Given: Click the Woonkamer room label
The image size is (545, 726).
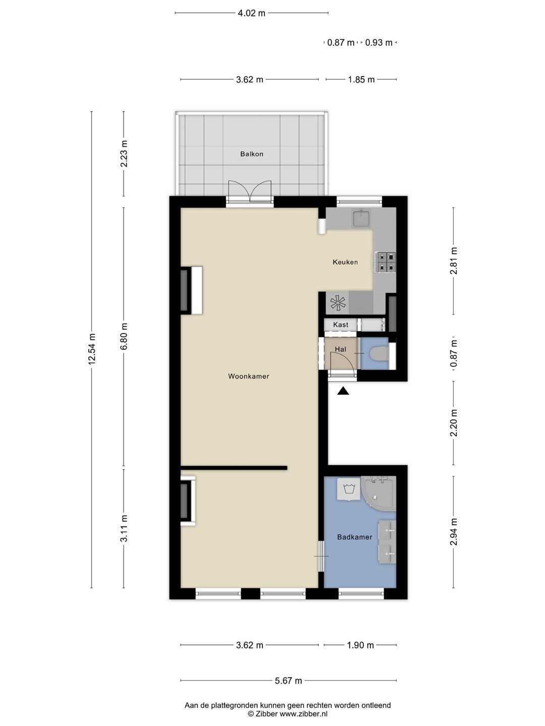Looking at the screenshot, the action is [x=248, y=376].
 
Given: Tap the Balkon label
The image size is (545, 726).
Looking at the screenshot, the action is [x=252, y=154].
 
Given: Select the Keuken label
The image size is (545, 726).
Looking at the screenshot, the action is [x=345, y=262].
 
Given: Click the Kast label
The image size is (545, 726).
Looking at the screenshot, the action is [x=341, y=325].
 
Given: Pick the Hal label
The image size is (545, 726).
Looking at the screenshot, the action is [x=341, y=349].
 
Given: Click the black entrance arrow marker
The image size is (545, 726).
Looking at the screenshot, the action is [x=344, y=391].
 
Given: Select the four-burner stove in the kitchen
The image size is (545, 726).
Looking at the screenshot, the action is [x=385, y=262].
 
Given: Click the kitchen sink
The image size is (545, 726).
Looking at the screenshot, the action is [x=362, y=218].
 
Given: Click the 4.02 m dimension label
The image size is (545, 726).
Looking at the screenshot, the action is [x=251, y=13].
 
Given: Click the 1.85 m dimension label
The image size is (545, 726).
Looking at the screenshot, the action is [x=361, y=80].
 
